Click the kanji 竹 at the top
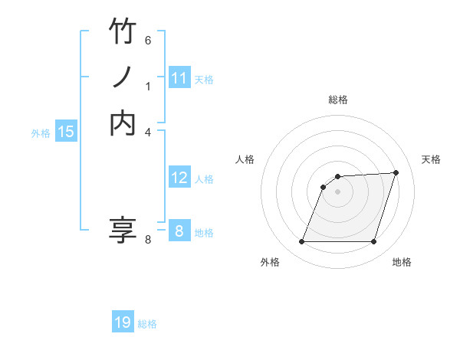point(123,32)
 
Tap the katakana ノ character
point(123,77)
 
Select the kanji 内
point(123,123)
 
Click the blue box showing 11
point(179,77)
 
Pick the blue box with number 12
point(179,178)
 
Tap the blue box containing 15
point(66,132)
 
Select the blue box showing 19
point(123,322)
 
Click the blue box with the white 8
point(179,231)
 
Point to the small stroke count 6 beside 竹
point(148,41)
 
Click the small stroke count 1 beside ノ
point(149,87)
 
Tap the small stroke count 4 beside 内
point(148,132)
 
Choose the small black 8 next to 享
point(148,240)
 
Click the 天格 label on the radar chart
point(431,159)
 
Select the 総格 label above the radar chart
point(337,100)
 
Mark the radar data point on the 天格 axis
point(396,172)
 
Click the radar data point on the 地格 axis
point(373,242)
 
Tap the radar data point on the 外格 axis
point(301,242)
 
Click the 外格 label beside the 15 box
point(41,133)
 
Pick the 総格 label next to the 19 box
point(147,324)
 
